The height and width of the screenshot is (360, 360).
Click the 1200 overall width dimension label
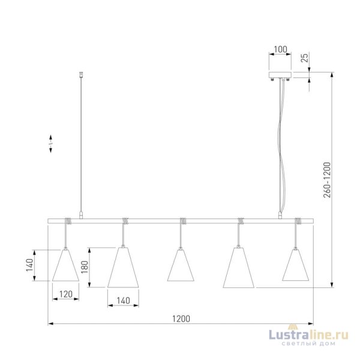point(181,319)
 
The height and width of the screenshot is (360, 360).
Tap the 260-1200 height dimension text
point(327,180)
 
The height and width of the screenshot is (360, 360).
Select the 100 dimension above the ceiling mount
point(281,49)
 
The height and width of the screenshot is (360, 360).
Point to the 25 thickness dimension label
point(304,58)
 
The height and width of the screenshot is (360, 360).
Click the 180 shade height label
point(85,267)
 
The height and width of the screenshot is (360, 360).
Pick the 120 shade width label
point(66,294)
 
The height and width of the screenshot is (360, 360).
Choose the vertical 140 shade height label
point(29,265)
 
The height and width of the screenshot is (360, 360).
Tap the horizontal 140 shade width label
point(123,301)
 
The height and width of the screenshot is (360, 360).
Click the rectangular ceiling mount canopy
point(280,75)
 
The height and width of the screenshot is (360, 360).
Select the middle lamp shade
point(181,265)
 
